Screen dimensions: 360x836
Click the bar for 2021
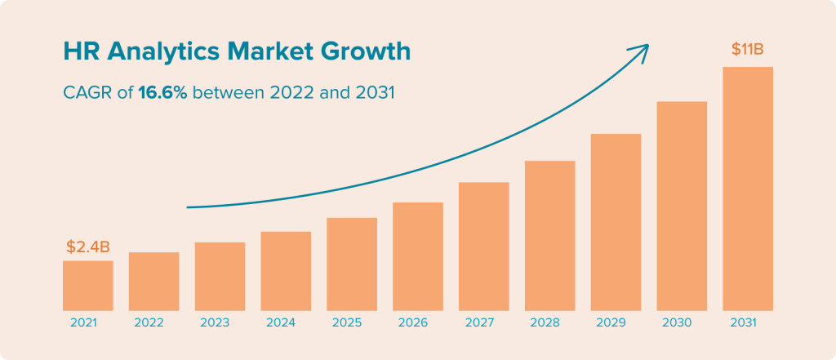(87, 286)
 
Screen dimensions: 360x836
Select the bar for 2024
(286, 271)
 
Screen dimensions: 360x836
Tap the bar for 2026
(417, 256)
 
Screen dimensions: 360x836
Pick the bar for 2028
(549, 235)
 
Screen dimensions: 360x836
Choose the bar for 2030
(682, 206)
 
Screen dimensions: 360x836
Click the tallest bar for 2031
(747, 189)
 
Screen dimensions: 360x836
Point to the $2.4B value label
(87, 247)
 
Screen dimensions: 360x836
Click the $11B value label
(747, 51)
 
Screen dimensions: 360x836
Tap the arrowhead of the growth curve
(643, 49)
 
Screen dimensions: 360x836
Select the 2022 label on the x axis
(153, 322)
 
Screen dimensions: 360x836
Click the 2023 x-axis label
(220, 322)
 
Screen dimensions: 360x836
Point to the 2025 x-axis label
(351, 322)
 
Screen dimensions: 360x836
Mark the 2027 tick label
(483, 322)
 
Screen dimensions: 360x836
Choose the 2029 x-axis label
(616, 322)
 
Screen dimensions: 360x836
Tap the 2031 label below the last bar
(747, 322)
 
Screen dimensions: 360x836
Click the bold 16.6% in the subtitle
(162, 93)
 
